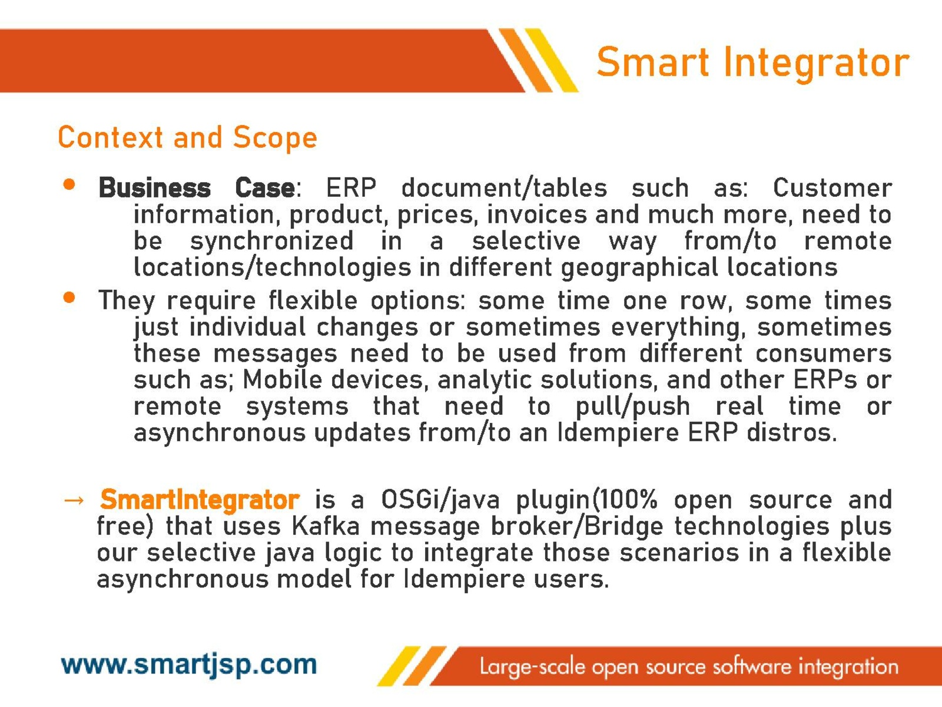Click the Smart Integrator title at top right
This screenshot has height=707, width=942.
coord(753,62)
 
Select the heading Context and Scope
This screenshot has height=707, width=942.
coord(188,138)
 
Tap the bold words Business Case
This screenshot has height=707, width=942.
coord(197,188)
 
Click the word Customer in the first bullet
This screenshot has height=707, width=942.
coord(832,188)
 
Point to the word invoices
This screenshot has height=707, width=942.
coord(536,214)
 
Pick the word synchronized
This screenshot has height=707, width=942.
coord(272,241)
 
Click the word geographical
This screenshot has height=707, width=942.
coord(639,268)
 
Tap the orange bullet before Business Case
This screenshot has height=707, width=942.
coord(69,184)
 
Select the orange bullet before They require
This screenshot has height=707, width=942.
coord(69,297)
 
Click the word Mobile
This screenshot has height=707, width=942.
coord(283,379)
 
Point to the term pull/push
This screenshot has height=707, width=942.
coord(633,407)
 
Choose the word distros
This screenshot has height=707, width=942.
coord(792,432)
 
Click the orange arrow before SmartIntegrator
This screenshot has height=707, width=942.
coord(74,501)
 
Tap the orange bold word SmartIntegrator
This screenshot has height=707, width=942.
coord(200,500)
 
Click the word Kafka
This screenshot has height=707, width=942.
coord(326,526)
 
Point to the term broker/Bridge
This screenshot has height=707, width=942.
coord(577,527)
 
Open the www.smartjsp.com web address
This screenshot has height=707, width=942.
coord(189,665)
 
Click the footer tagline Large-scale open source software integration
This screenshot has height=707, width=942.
coord(689,668)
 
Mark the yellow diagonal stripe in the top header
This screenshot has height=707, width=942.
coord(552,60)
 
